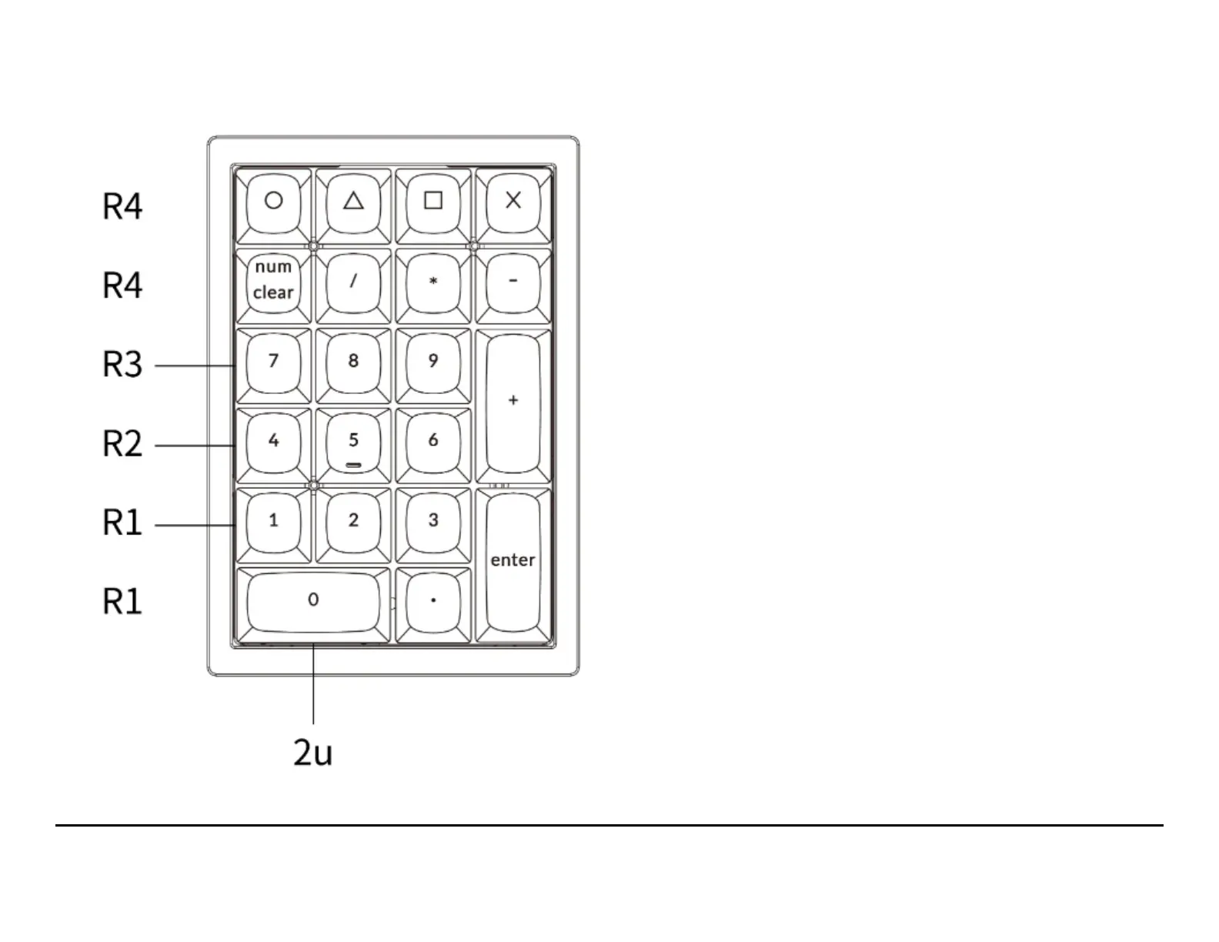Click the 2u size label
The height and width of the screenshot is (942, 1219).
click(x=313, y=752)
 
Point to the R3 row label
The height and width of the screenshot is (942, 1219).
click(x=122, y=365)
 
